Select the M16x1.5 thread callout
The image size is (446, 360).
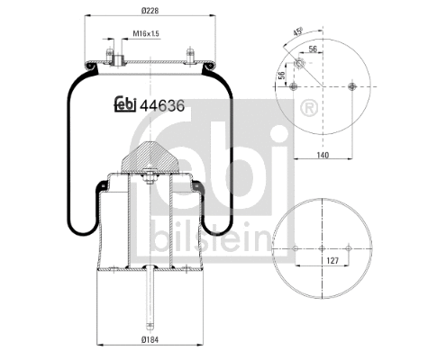[x=145, y=34]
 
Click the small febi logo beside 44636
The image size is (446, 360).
[x=123, y=104]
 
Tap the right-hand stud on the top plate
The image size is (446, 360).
[x=190, y=55]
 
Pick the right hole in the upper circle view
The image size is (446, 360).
[x=348, y=87]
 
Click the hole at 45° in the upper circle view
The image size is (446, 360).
[x=299, y=63]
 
